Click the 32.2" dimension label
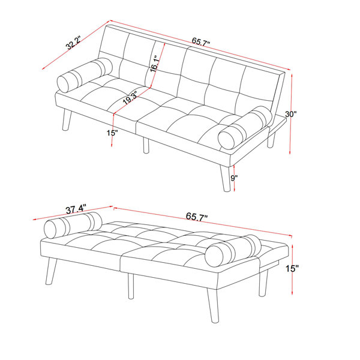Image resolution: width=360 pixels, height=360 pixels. pos(73,43)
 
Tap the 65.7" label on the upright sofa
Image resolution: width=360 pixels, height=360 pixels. pos(201,42)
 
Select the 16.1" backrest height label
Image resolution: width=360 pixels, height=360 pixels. pos(155,64)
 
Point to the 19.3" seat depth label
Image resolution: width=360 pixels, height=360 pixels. pos(130,98)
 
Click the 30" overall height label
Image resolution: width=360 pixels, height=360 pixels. pos(291,114)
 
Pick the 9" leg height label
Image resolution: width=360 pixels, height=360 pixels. pos(234,178)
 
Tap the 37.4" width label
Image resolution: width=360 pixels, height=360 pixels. pos(76,209)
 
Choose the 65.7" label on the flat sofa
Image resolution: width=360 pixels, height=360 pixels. pos(197,216)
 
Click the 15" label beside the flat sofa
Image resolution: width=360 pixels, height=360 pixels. pos(292,268)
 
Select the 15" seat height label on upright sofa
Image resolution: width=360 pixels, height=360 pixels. pos(112,133)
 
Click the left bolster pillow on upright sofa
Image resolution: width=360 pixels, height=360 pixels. pos(85,75)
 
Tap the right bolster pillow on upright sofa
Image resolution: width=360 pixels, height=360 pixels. pos(245,127)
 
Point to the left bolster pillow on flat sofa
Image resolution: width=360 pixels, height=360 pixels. pos(73,225)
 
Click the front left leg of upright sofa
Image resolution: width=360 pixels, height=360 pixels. pos(67,120)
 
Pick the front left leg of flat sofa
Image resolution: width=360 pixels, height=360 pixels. pos(51,271)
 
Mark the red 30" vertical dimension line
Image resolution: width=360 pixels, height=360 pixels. pos(291,114)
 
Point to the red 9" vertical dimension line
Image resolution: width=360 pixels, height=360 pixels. pos(234,178)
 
